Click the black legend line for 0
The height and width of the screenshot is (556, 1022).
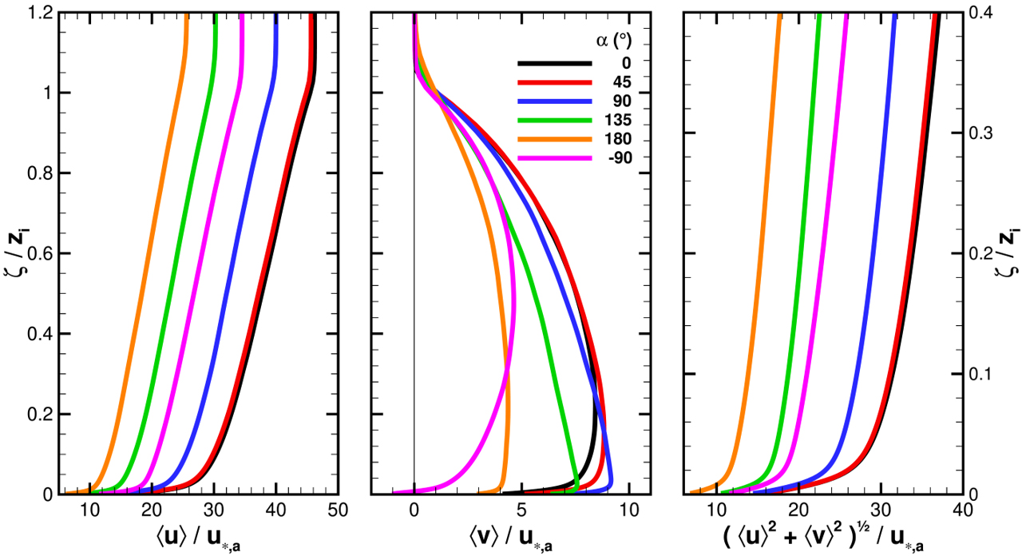pyautogui.click(x=554, y=63)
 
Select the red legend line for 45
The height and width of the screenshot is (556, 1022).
pyautogui.click(x=554, y=82)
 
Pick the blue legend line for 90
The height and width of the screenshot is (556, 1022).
pyautogui.click(x=554, y=101)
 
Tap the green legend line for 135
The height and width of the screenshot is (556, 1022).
pyautogui.click(x=554, y=121)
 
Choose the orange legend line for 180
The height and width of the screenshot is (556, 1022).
pyautogui.click(x=554, y=140)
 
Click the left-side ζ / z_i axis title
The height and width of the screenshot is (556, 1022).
pyautogui.click(x=14, y=252)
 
